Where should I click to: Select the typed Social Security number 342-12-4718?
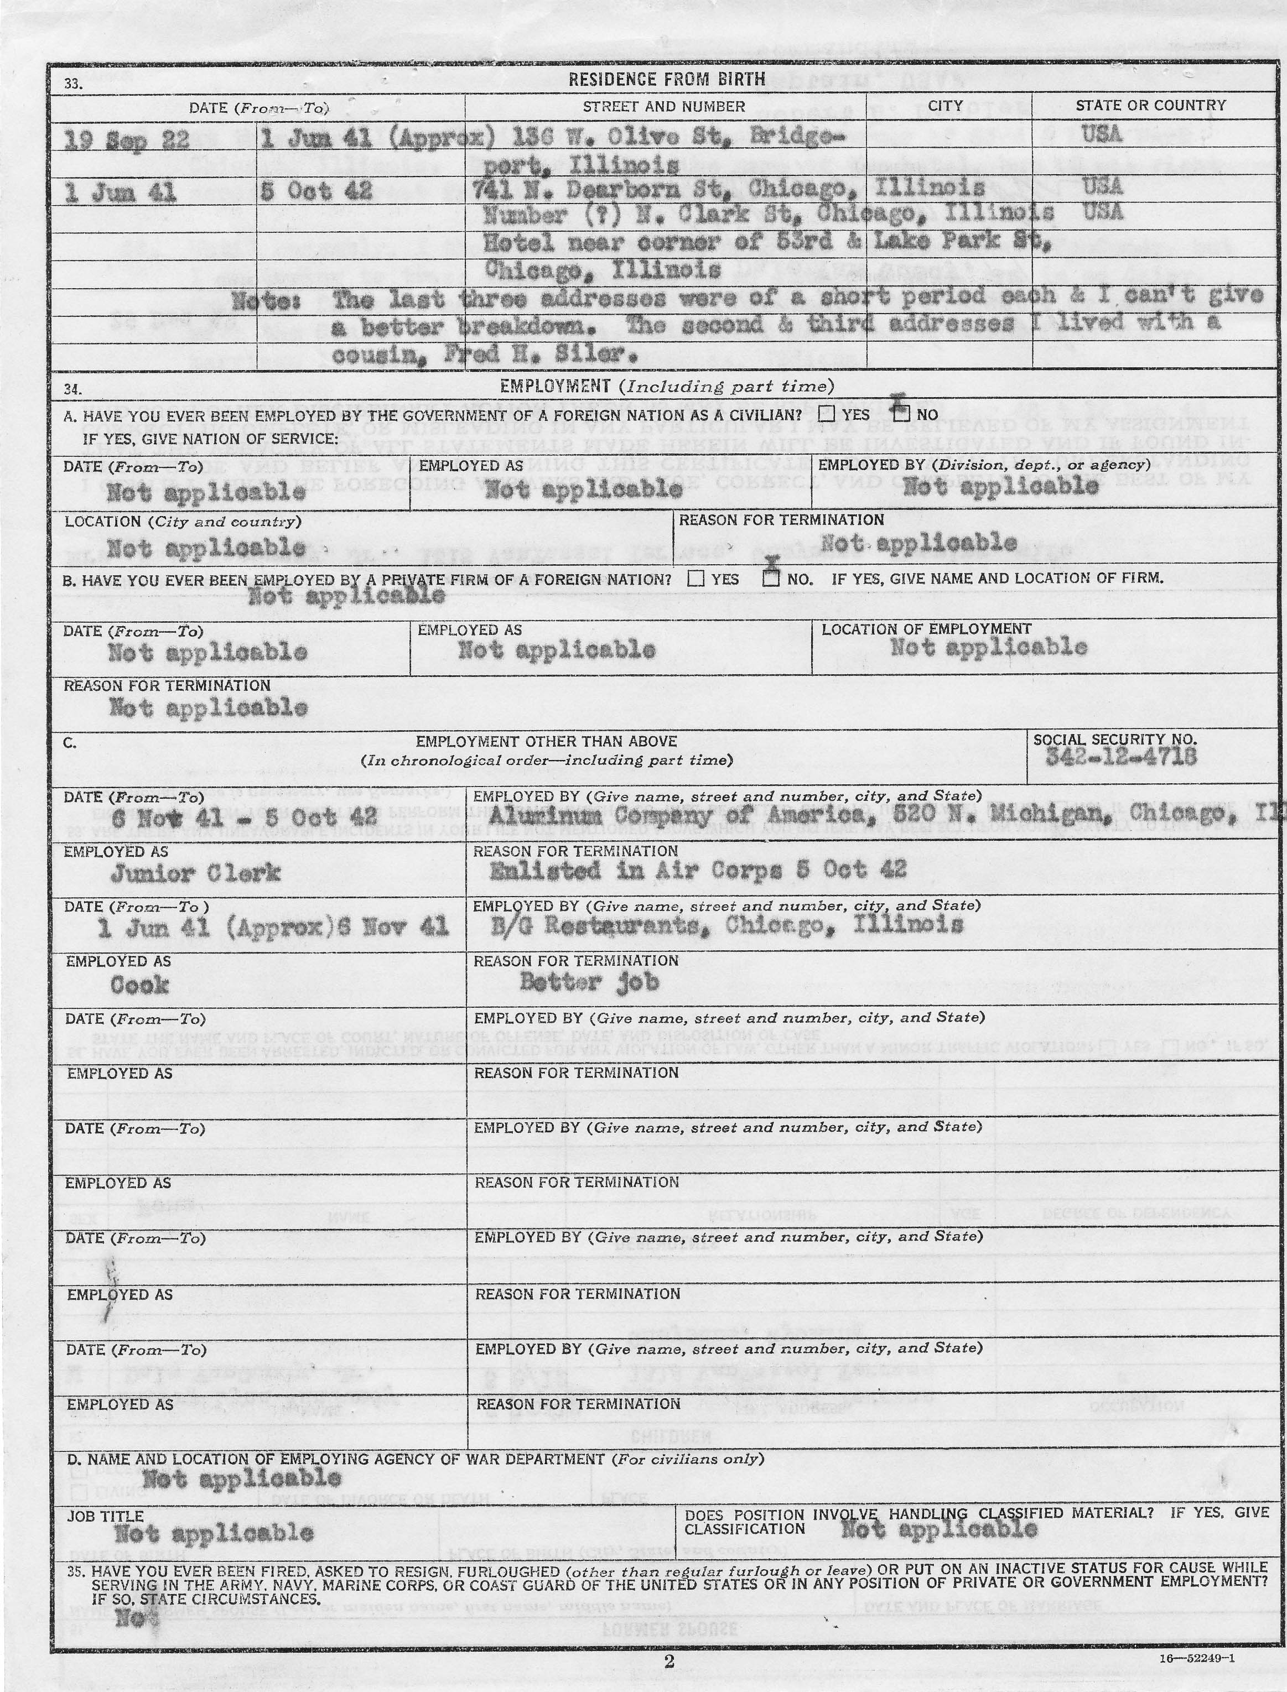click(x=1121, y=757)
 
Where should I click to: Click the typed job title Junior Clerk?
click(x=196, y=873)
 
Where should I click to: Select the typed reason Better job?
click(x=589, y=981)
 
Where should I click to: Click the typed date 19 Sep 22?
click(x=116, y=140)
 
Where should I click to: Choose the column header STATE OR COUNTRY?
click(x=1151, y=106)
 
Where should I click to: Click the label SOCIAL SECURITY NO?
click(x=1114, y=739)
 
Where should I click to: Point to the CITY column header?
click(x=946, y=106)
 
